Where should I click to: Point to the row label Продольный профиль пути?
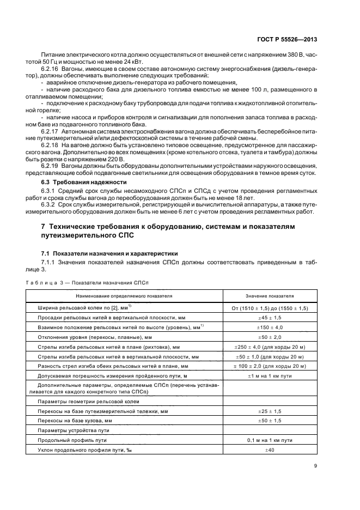point(72,440)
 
